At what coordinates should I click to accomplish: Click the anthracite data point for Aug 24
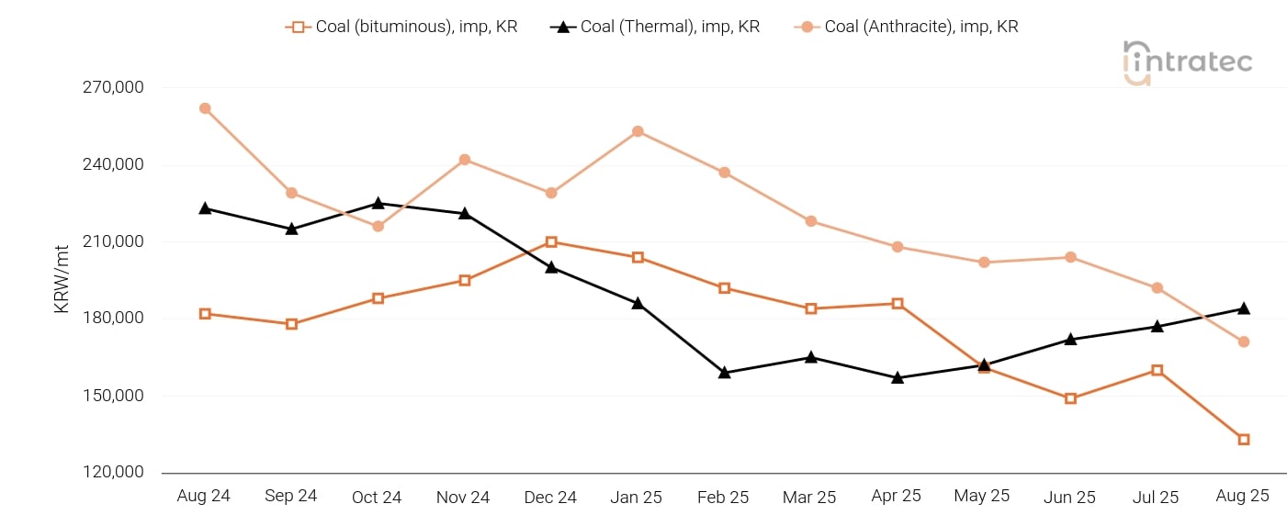coord(205,108)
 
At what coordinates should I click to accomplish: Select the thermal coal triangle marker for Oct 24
coord(378,203)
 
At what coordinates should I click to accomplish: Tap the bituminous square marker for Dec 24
coord(551,242)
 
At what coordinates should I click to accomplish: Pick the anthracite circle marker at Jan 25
coord(638,131)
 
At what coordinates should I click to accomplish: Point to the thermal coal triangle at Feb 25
coord(724,372)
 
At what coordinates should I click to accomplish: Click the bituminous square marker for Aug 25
coord(1243,440)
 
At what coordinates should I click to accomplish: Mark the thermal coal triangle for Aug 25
coord(1243,308)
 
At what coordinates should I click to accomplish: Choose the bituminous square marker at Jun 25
coord(1070,398)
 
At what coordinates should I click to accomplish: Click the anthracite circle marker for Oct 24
coord(378,226)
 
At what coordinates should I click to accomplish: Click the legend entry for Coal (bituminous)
coord(401,27)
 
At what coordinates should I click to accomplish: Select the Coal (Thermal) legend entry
coord(655,27)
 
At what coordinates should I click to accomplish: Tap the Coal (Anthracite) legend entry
coord(907,27)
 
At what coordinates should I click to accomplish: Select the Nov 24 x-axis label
coord(463,497)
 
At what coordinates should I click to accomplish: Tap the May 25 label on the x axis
coord(982,496)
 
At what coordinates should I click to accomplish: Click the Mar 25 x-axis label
coord(809,497)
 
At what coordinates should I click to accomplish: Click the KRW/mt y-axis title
coord(62,280)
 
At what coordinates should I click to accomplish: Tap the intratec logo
coord(1187,62)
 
